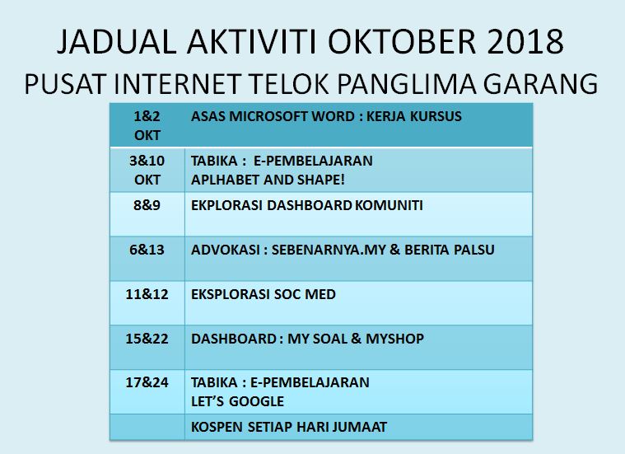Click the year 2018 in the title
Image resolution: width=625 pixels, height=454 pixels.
525,41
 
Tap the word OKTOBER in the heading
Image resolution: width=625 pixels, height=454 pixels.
402,41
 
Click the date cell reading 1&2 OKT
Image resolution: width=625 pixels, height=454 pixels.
147,126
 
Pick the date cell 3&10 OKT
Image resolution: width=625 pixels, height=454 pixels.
147,171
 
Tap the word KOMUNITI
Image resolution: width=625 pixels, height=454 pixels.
389,205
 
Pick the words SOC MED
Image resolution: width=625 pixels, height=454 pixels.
306,294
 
